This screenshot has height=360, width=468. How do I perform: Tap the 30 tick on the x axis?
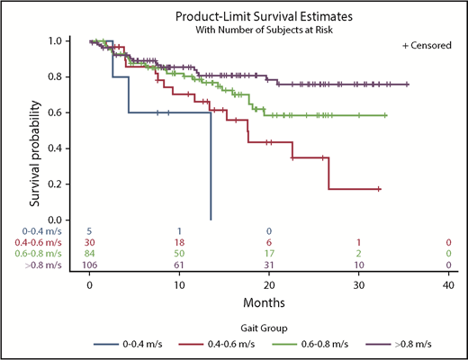358,283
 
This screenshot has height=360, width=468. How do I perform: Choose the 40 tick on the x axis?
447,283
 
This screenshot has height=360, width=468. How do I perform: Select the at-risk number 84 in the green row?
90,254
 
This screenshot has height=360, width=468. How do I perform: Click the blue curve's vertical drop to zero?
211,171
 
